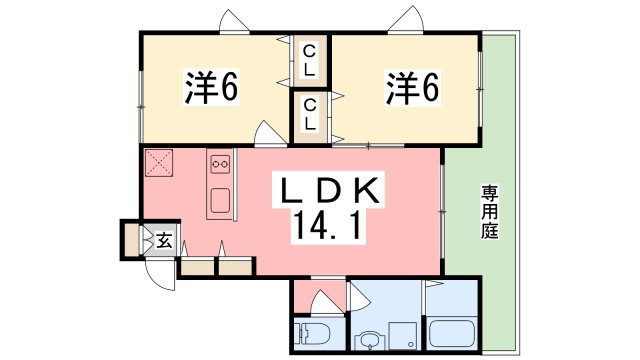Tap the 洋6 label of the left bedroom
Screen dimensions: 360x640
point(210,90)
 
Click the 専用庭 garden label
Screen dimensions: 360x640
point(489,210)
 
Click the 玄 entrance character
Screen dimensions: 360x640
point(163,240)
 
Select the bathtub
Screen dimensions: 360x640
point(456,334)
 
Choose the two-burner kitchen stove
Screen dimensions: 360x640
point(220,162)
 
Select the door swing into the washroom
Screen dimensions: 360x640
point(359,297)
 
